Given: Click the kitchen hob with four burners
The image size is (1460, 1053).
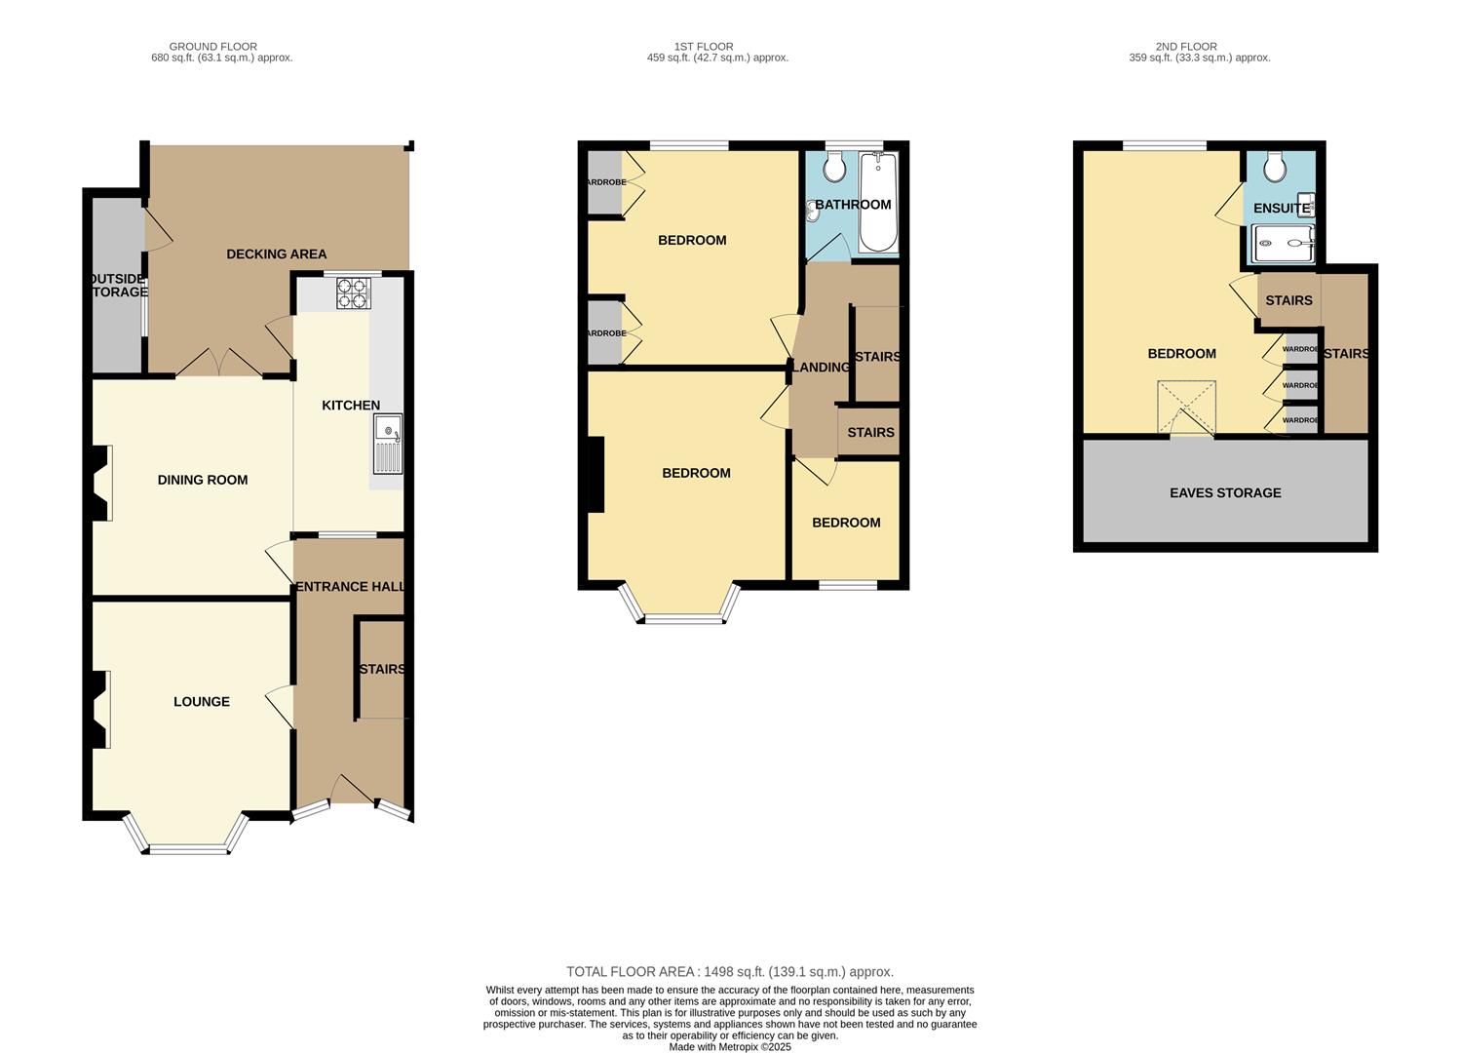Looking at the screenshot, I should [x=353, y=293].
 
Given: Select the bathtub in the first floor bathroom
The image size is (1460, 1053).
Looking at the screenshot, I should [x=877, y=203].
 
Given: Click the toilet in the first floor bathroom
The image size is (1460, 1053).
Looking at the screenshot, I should [x=834, y=168].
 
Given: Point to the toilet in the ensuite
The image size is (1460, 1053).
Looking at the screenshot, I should [x=1275, y=168].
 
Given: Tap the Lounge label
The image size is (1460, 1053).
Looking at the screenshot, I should [x=202, y=702].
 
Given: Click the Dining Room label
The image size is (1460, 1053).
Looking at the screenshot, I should [x=203, y=480].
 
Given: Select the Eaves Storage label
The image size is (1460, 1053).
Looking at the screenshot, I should [x=1225, y=493].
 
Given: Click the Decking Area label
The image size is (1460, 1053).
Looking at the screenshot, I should [x=276, y=254].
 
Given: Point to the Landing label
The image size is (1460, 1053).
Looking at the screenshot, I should [x=821, y=368].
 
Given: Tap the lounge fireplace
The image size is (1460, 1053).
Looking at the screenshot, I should [x=99, y=710].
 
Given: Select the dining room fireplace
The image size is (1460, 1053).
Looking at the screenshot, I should [x=99, y=483].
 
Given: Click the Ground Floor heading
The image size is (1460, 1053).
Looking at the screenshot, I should [x=213, y=46].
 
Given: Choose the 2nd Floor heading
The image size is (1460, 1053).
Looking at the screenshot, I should [x=1185, y=46].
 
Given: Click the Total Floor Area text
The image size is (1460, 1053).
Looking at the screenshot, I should [x=729, y=972].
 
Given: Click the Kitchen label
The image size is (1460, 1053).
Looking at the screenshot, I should [x=351, y=406].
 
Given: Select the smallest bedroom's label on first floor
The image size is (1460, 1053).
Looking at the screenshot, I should [x=846, y=523].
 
